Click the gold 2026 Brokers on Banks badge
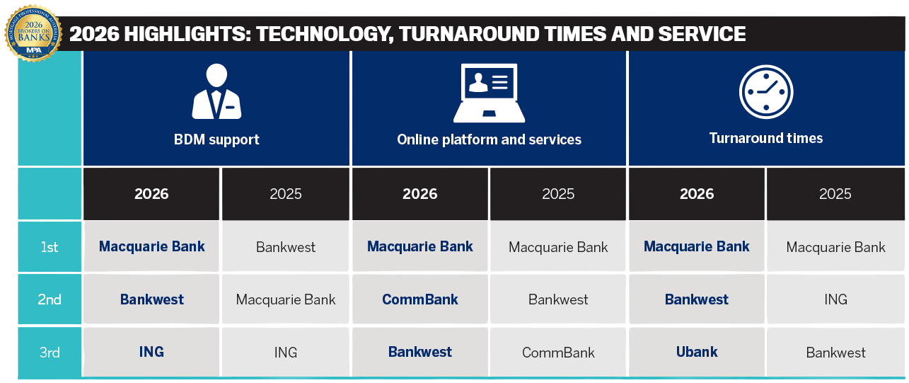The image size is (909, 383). click(33, 33)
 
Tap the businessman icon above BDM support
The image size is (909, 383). click(216, 91)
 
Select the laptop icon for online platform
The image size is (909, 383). click(489, 93)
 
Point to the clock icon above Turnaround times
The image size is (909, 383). click(765, 92)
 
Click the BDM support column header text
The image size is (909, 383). click(216, 139)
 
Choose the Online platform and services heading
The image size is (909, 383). click(489, 139)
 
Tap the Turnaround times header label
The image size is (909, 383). click(765, 138)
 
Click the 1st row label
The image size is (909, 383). click(50, 247)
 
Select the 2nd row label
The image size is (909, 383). click(50, 299)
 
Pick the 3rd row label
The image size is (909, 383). click(50, 352)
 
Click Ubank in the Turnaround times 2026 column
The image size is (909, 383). click(697, 352)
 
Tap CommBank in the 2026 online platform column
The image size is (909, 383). click(420, 299)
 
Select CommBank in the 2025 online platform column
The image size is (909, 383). click(558, 353)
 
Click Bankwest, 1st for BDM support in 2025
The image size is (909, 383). click(286, 247)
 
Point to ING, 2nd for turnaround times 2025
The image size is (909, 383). click(835, 299)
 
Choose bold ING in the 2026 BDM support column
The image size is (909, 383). click(151, 352)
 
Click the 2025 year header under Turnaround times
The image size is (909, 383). click(835, 194)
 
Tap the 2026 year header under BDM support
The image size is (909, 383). click(151, 194)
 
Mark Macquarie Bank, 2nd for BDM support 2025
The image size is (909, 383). click(286, 299)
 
